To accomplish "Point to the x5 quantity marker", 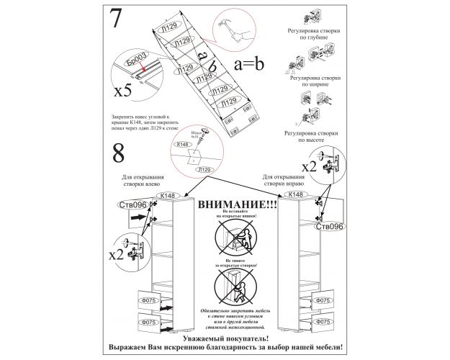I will coord(124,91).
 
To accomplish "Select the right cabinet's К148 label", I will coord(295,194).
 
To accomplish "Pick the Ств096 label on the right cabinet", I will coord(330,226).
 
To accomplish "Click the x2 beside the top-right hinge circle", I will coord(310,166).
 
